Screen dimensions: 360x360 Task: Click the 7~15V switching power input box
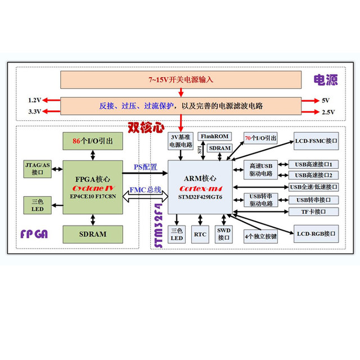pyautogui.click(x=181, y=80)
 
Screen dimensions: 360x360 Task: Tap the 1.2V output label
pyautogui.click(x=35, y=100)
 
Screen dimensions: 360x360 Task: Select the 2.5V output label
pyautogui.click(x=328, y=112)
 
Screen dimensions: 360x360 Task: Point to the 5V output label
pyautogui.click(x=325, y=100)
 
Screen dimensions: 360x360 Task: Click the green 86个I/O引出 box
pyautogui.click(x=92, y=141)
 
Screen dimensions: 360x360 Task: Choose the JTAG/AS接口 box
pyautogui.click(x=38, y=168)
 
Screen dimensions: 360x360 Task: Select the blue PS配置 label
pyautogui.click(x=145, y=168)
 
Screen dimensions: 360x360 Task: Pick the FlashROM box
pyautogui.click(x=214, y=137)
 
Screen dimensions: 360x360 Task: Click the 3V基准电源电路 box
pyautogui.click(x=181, y=141)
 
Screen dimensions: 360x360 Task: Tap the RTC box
pyautogui.click(x=200, y=235)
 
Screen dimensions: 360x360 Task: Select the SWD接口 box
pyautogui.click(x=224, y=235)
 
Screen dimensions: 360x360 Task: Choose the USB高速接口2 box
pyautogui.click(x=313, y=175)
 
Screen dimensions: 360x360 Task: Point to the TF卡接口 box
pyautogui.click(x=313, y=211)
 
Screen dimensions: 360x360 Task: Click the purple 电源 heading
pyautogui.click(x=325, y=80)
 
